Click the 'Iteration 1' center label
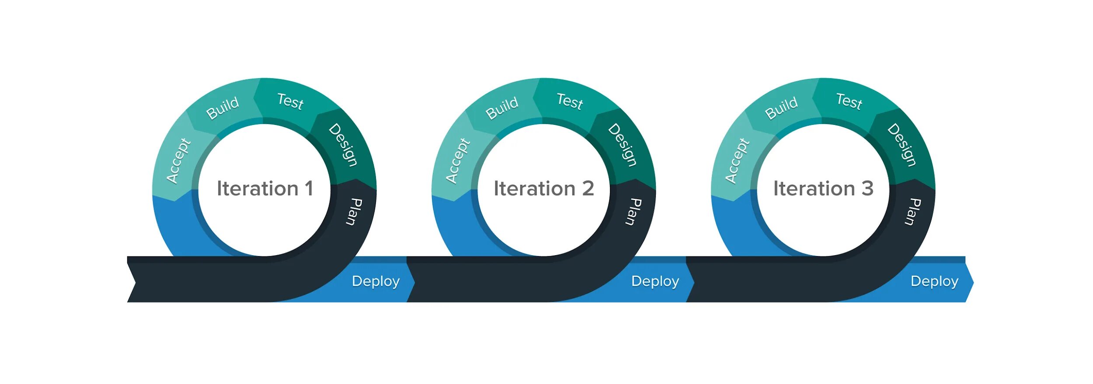click(265, 189)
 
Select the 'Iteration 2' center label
click(544, 189)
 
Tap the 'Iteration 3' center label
click(823, 189)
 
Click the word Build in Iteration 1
click(223, 108)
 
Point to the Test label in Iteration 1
click(290, 101)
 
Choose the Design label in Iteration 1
click(343, 145)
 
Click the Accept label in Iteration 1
click(178, 161)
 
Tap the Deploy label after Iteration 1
click(376, 281)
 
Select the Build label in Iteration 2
click(502, 108)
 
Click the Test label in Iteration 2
click(570, 101)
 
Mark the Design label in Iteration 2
click(623, 145)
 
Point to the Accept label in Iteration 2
click(458, 161)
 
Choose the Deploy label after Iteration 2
click(655, 281)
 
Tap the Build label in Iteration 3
click(781, 108)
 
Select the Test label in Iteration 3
click(849, 101)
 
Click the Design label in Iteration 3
click(902, 145)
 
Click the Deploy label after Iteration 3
click(934, 281)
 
